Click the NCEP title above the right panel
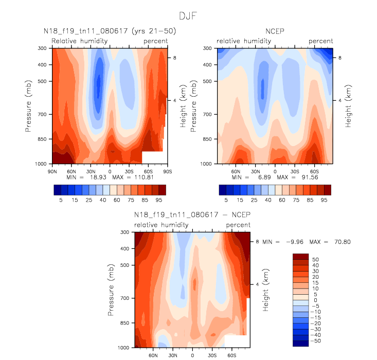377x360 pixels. tap(275, 31)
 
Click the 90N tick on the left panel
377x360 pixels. tap(51, 170)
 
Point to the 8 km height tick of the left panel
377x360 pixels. tap(175, 58)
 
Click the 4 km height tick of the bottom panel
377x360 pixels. tap(257, 284)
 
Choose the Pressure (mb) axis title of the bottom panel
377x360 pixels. tap(111, 290)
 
